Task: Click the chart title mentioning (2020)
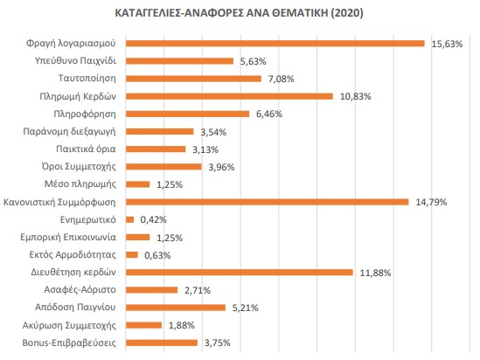[239, 13]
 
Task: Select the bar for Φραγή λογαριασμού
[275, 44]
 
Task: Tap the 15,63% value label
[447, 44]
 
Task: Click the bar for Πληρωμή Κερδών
[229, 96]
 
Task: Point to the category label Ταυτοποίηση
[87, 79]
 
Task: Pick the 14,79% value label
[431, 202]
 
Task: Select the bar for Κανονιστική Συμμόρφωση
[268, 202]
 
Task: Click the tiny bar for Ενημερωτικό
[129, 219]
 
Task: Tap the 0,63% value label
[157, 255]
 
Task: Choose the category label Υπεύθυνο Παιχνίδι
[75, 60]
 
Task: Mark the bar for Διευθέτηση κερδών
[240, 273]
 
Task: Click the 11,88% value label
[375, 273]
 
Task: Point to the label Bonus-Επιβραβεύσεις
[69, 343]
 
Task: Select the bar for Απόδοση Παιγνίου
[176, 308]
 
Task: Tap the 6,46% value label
[269, 114]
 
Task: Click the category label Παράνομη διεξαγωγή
[69, 132]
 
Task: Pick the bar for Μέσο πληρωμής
[138, 184]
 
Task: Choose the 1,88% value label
[182, 325]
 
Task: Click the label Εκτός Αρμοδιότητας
[73, 255]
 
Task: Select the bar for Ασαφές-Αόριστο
[152, 290]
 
